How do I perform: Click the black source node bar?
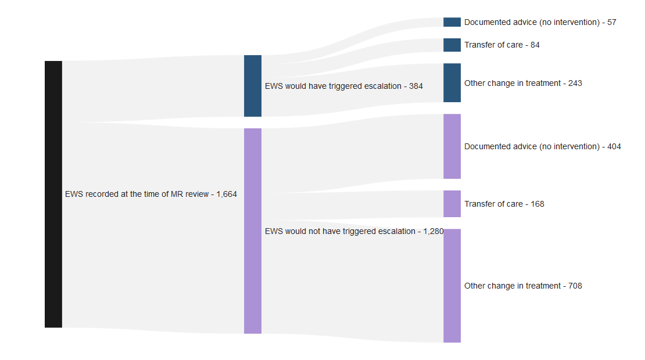tap(53, 194)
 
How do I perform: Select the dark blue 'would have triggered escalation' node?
tap(253, 86)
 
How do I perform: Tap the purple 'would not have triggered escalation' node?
tap(253, 231)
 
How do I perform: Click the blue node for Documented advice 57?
tap(452, 22)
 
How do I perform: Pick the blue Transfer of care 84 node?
tap(452, 45)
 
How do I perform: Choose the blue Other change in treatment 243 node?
tap(452, 83)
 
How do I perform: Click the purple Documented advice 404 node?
tap(452, 146)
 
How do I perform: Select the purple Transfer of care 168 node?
tap(452, 204)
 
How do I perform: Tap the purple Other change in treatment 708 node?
tap(452, 286)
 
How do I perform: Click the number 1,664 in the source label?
tap(226, 195)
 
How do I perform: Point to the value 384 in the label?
tap(415, 86)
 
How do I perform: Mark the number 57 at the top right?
tap(611, 22)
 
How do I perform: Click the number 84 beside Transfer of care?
tap(535, 45)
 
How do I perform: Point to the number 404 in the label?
tap(614, 146)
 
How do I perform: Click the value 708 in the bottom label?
tap(575, 286)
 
